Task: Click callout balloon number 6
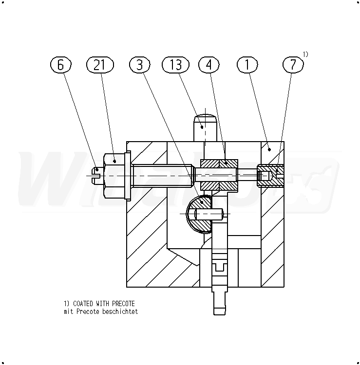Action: pos(60,64)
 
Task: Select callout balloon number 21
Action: pos(100,64)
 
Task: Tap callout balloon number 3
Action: pos(139,64)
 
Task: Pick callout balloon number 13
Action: pos(175,64)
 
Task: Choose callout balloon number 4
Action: pos(209,64)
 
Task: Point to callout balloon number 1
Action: pos(247,64)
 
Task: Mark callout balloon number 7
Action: pos(293,64)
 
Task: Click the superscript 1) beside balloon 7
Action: pos(305,55)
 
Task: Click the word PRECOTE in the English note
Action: pos(123,304)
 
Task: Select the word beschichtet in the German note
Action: pos(120,311)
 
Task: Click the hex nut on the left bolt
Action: pos(114,176)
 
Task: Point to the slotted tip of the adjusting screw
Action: pos(98,176)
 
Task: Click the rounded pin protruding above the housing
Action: pos(205,128)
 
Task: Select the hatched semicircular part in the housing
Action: pos(199,214)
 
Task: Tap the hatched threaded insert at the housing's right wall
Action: pos(270,176)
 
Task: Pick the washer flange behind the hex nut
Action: pos(128,176)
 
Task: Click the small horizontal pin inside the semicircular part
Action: pos(209,214)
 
